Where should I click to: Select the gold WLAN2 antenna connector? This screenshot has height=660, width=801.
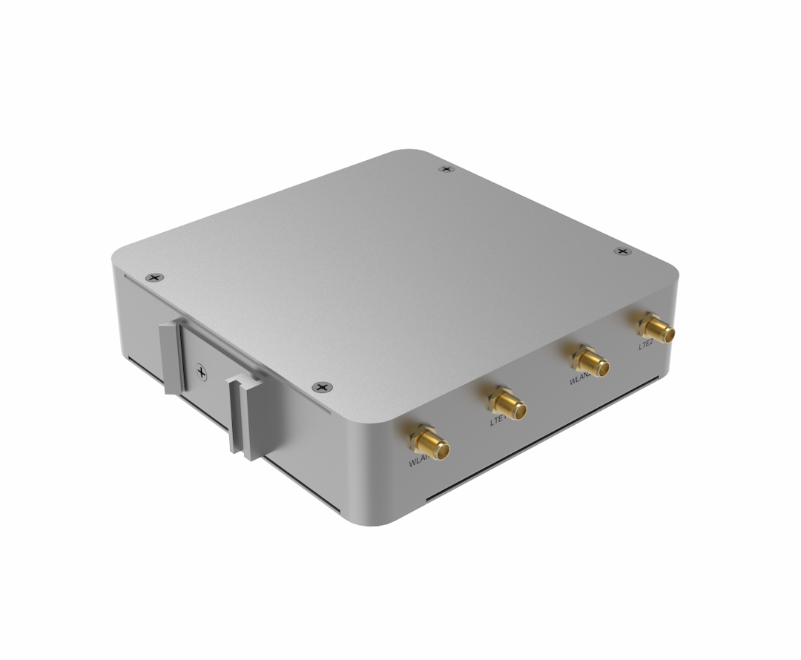point(590,361)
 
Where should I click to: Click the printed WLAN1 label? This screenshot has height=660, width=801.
point(419,462)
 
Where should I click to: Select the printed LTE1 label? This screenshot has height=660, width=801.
point(498,421)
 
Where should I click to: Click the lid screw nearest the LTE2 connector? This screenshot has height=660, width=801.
point(622,251)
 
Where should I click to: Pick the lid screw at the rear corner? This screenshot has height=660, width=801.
point(445,169)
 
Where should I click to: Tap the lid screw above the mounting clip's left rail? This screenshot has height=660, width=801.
point(154,277)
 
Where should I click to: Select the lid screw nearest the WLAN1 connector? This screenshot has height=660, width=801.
point(320,387)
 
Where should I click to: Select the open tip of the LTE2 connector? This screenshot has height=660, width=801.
point(669,334)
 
